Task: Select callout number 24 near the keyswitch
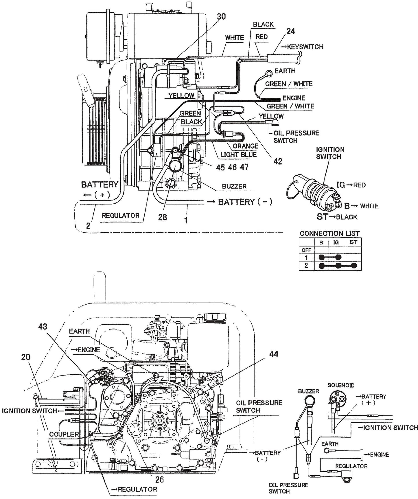(291, 31)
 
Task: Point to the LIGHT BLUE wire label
(238, 155)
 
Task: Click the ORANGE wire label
(246, 146)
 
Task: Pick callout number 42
(278, 161)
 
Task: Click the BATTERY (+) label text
(100, 185)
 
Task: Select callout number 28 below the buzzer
(163, 217)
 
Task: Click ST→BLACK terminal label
(337, 217)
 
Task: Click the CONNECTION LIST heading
(329, 233)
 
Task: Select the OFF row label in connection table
(306, 250)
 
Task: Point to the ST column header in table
(353, 242)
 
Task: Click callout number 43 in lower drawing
(43, 327)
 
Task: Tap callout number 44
(274, 354)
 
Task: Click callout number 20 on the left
(25, 357)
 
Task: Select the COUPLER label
(64, 434)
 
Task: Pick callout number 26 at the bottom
(159, 480)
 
